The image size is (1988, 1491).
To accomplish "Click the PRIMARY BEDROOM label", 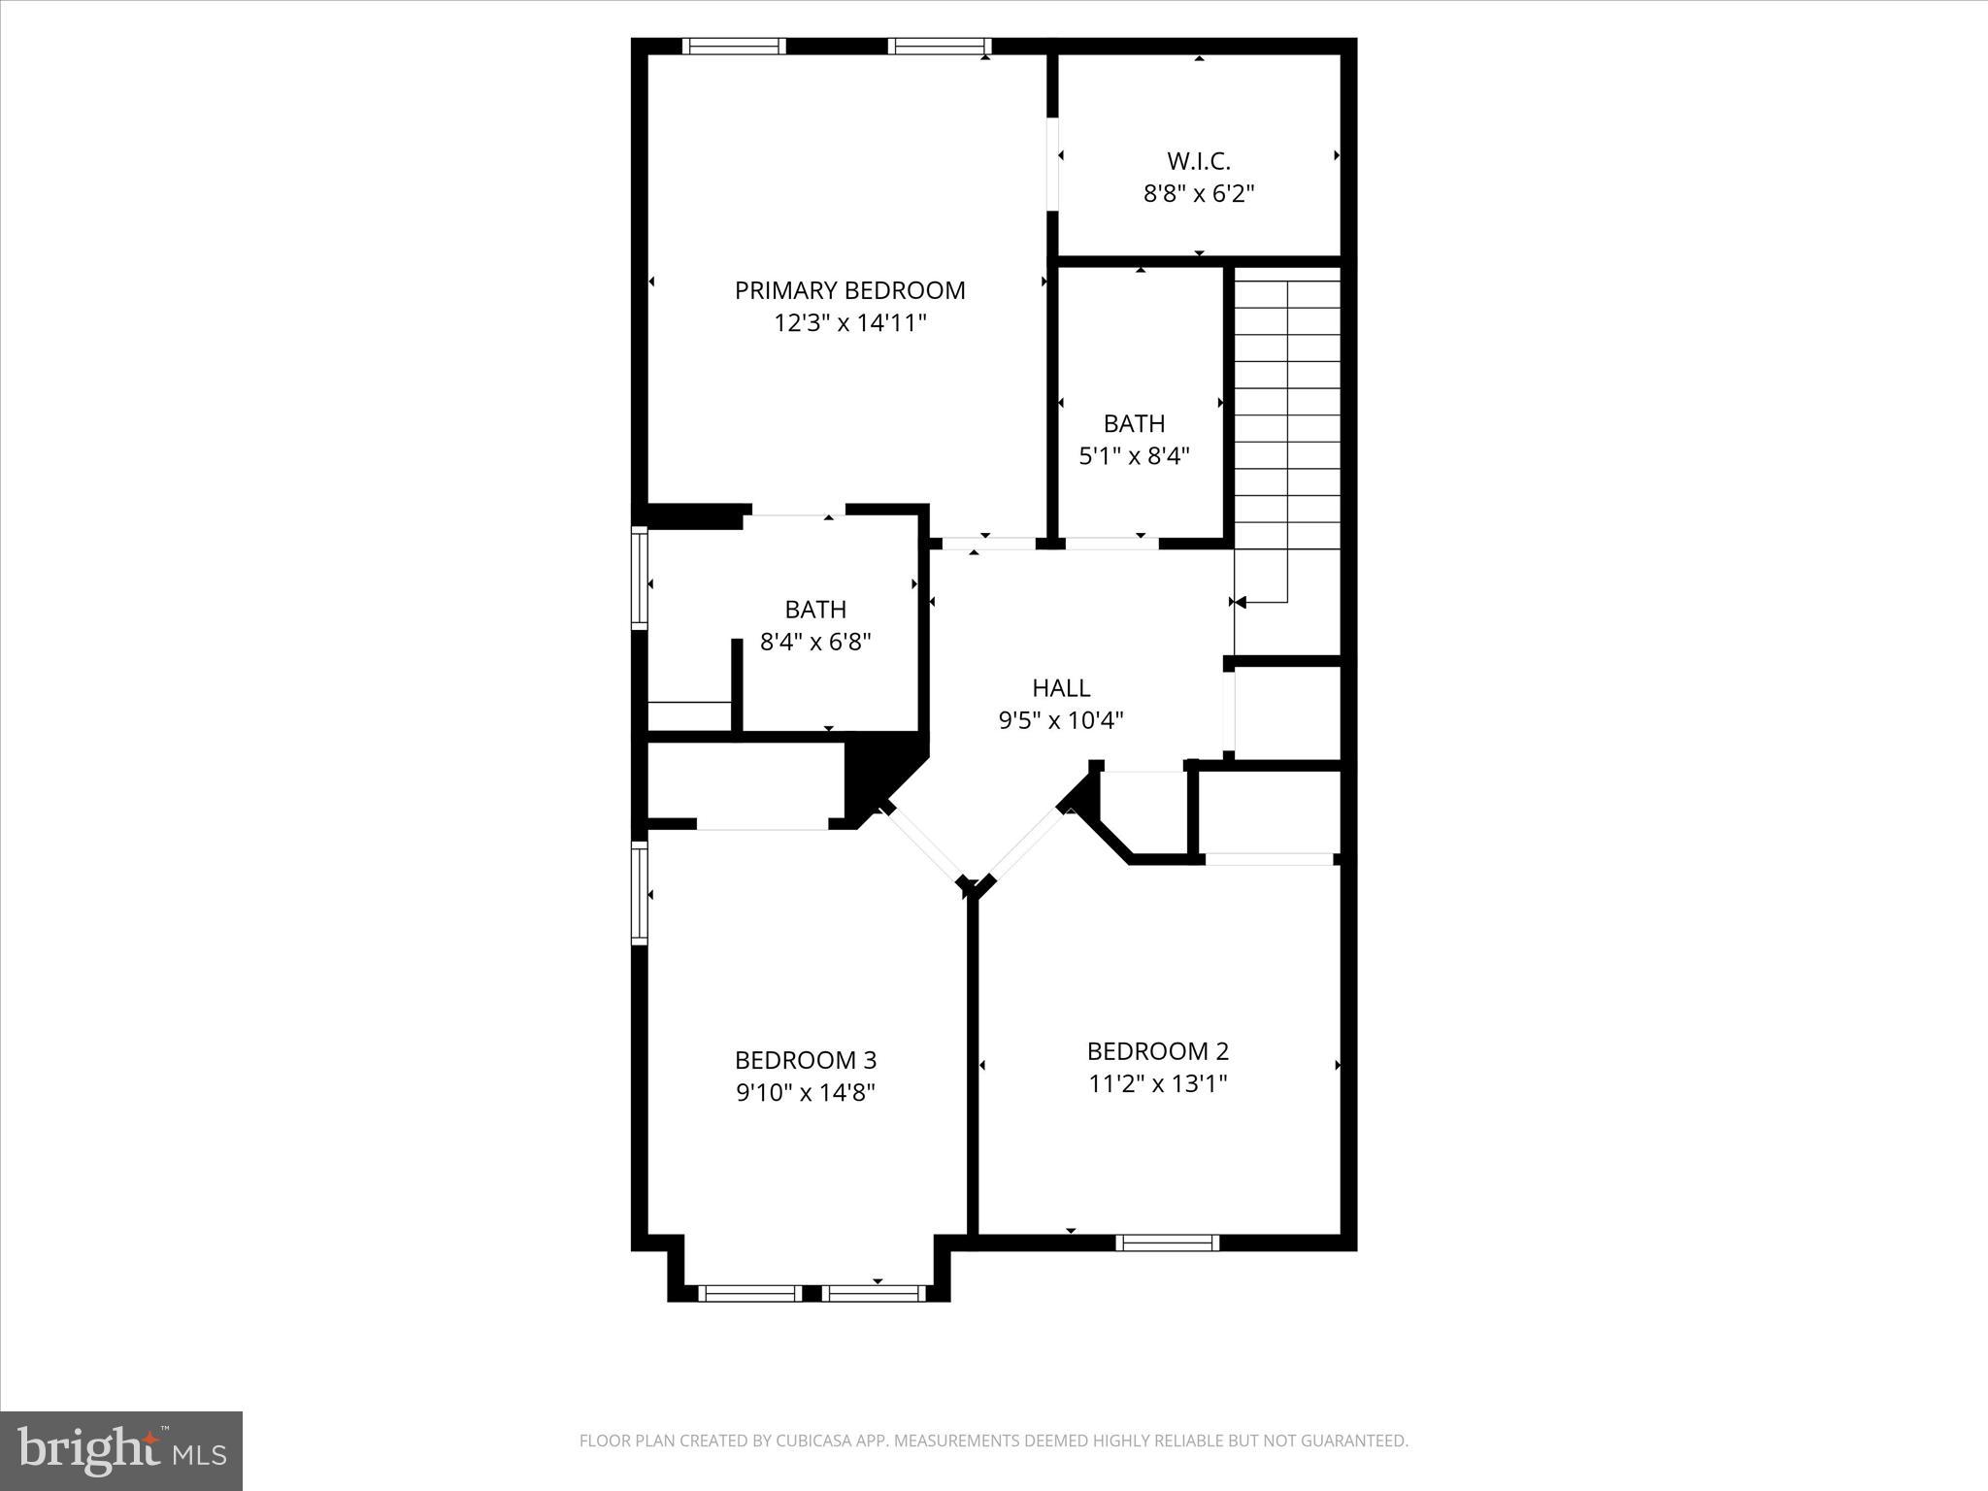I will (x=849, y=290).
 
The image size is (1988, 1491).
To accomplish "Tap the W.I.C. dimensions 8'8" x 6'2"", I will (x=1199, y=194).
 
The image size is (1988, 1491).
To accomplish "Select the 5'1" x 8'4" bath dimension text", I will (x=1134, y=456).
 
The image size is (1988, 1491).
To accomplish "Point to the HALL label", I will (x=1061, y=688).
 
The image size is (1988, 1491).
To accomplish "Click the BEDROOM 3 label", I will (x=806, y=1060).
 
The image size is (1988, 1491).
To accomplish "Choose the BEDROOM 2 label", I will (x=1157, y=1051).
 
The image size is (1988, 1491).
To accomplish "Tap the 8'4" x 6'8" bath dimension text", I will (x=815, y=642).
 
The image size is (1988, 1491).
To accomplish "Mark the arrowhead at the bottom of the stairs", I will (x=1240, y=603).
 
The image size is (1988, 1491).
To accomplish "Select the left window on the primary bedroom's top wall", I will (x=733, y=46).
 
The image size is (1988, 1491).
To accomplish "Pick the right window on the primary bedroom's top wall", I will (x=939, y=46).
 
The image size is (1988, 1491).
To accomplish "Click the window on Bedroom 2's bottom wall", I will (x=1167, y=1242).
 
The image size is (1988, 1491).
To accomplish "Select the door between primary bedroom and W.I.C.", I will (x=1052, y=164).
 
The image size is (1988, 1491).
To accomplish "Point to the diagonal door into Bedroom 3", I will (x=924, y=845).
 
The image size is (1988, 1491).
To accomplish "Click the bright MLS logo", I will (x=121, y=1451).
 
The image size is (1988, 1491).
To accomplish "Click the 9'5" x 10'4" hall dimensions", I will (x=1061, y=720).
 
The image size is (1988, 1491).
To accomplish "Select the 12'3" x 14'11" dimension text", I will (x=849, y=323).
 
